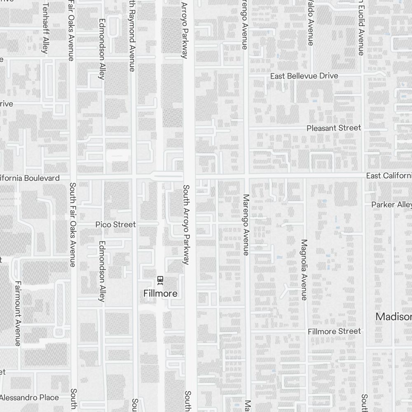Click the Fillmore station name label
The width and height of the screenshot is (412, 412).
pyautogui.click(x=161, y=294)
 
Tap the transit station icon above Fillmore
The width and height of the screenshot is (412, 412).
pyautogui.click(x=160, y=281)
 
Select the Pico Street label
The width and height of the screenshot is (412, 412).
pyautogui.click(x=115, y=225)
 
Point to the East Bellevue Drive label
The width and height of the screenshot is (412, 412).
pyautogui.click(x=304, y=76)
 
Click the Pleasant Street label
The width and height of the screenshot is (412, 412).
pyautogui.click(x=334, y=128)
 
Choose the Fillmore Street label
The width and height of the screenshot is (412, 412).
pyautogui.click(x=334, y=331)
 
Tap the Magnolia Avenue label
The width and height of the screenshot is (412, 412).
pyautogui.click(x=304, y=270)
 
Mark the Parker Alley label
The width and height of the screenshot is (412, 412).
pyautogui.click(x=391, y=205)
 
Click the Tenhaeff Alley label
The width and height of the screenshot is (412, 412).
pyautogui.click(x=45, y=29)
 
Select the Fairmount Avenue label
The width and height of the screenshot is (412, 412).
pyautogui.click(x=18, y=314)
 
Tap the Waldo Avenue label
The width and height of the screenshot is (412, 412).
pyautogui.click(x=310, y=23)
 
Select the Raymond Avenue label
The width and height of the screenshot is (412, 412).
pyautogui.click(x=132, y=35)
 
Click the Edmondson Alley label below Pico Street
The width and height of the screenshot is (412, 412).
pyautogui.click(x=102, y=271)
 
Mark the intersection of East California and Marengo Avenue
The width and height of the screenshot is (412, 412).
pyautogui.click(x=246, y=176)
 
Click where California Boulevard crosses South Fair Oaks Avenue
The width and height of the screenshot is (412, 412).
pyautogui.click(x=73, y=178)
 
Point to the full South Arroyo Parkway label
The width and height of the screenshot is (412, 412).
pyautogui.click(x=186, y=225)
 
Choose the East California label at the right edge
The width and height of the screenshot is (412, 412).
pyautogui.click(x=389, y=176)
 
